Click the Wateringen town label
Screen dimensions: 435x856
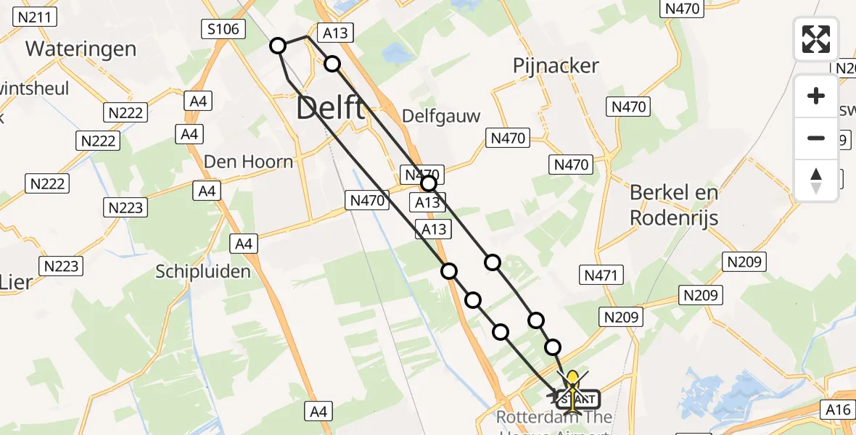(x=81, y=49)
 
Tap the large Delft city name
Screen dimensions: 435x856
(x=331, y=109)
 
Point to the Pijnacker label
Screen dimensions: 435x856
(x=556, y=66)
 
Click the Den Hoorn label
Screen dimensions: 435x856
(x=249, y=161)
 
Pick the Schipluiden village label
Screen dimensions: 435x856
(x=203, y=272)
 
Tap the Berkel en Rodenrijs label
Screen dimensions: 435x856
(x=674, y=204)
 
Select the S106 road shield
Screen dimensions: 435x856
(x=223, y=29)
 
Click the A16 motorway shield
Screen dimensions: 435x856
(x=838, y=410)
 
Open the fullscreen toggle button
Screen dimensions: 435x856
(x=816, y=38)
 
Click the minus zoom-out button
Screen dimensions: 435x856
(x=816, y=138)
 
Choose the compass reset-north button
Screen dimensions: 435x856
(x=816, y=180)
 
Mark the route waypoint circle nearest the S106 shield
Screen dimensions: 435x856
(x=278, y=46)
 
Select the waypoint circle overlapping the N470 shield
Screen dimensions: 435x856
(x=428, y=183)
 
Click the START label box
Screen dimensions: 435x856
(x=578, y=399)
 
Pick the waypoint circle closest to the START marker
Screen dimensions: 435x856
(x=553, y=347)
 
